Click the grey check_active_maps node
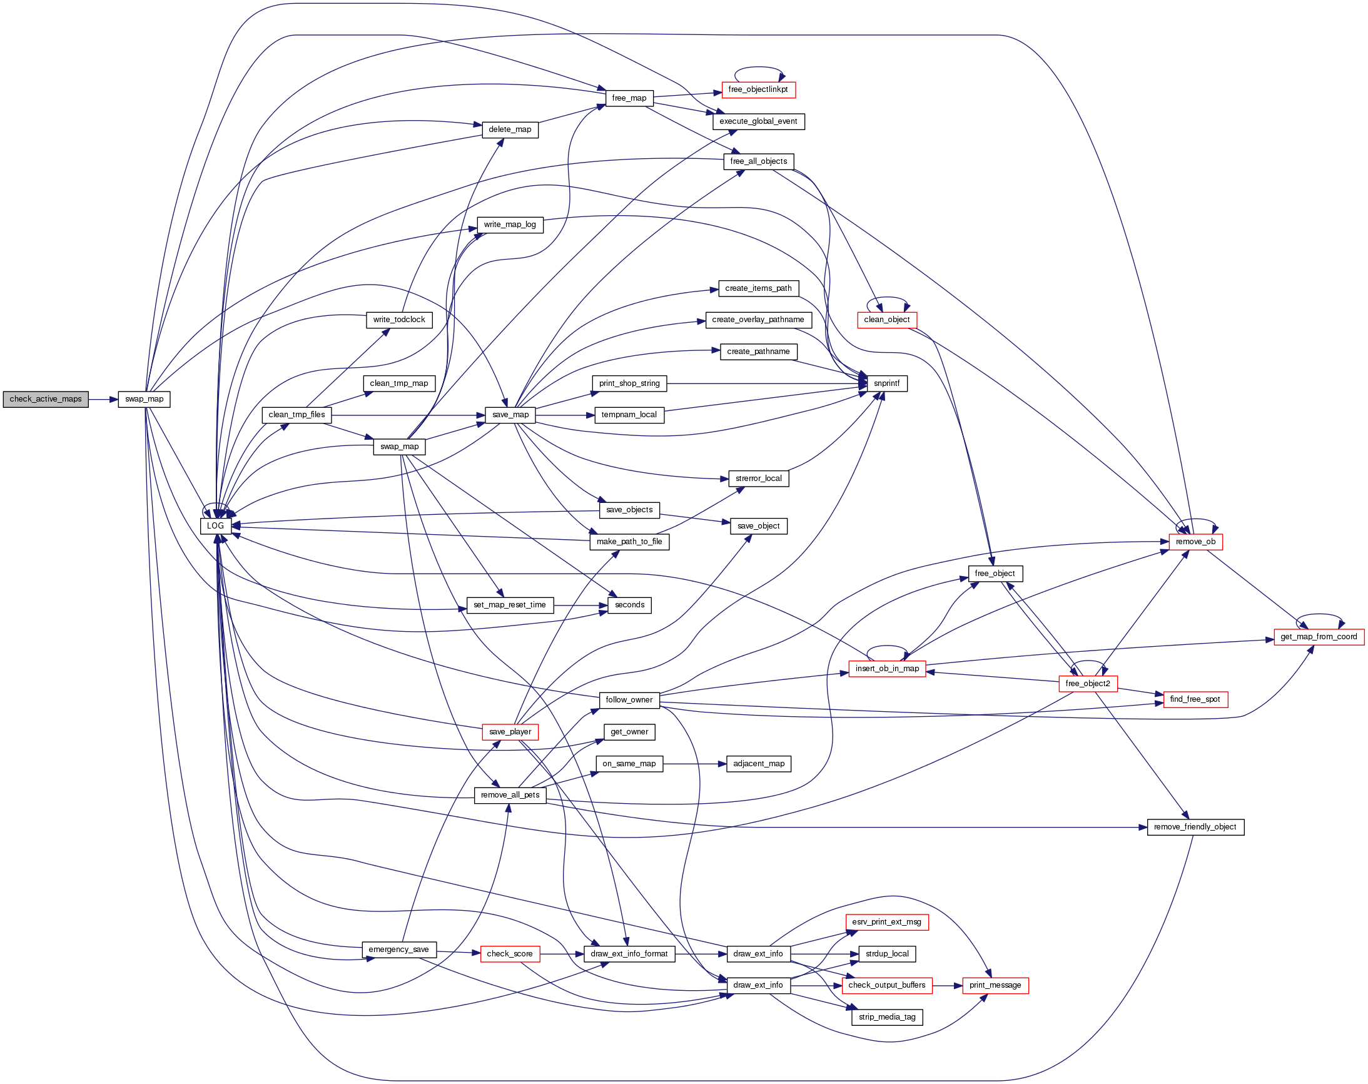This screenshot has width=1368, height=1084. click(46, 399)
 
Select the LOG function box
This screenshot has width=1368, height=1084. click(215, 526)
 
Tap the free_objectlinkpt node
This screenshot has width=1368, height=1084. click(757, 89)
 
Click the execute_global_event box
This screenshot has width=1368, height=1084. click(757, 121)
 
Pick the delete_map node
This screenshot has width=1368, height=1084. click(510, 129)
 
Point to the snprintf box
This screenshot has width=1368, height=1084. click(886, 383)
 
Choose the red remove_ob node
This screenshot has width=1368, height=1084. click(1195, 542)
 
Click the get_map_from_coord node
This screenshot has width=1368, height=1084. click(1318, 637)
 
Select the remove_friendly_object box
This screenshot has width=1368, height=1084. click(1195, 828)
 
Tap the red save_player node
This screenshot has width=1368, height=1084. click(510, 732)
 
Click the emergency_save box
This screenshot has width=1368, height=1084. click(398, 950)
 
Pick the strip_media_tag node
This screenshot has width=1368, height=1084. click(886, 1017)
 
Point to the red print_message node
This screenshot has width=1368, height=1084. click(995, 986)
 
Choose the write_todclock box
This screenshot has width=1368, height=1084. click(398, 320)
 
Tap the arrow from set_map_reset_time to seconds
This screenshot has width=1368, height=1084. click(580, 605)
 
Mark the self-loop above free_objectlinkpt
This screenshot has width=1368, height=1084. click(759, 68)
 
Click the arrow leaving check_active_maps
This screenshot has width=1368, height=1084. click(103, 399)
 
